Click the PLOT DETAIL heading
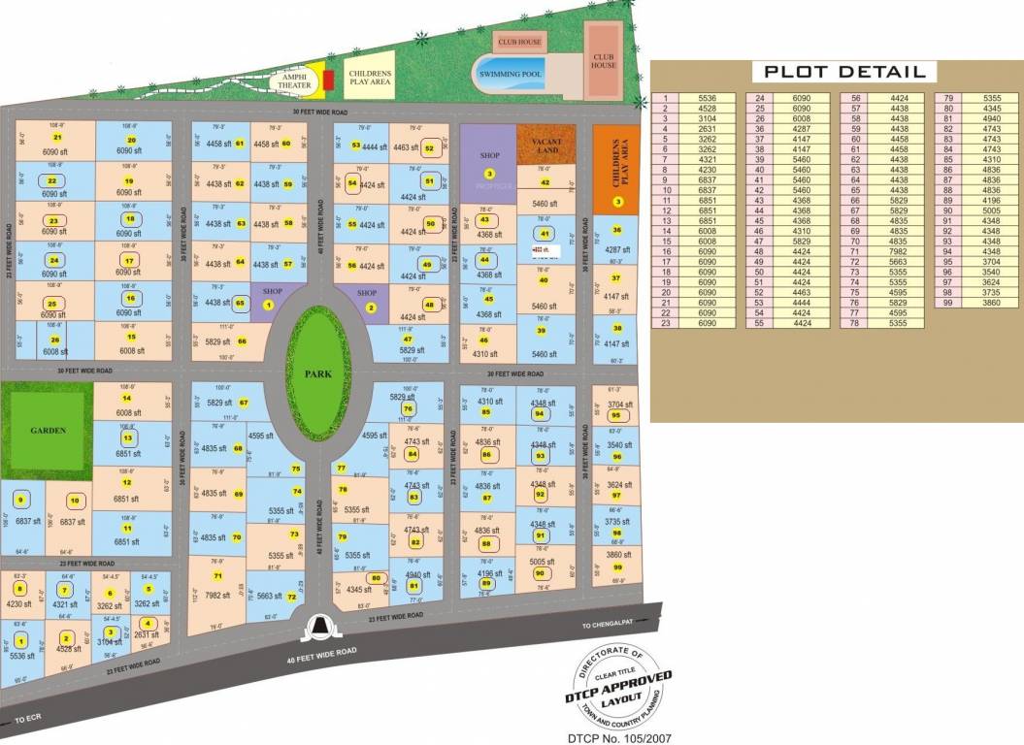tap(843, 72)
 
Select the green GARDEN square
tap(46, 428)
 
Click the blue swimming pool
tap(511, 71)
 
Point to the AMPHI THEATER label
tap(294, 81)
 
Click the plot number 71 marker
tap(217, 576)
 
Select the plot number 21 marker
tap(57, 138)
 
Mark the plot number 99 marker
tap(617, 567)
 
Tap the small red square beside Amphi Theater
tap(328, 80)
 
